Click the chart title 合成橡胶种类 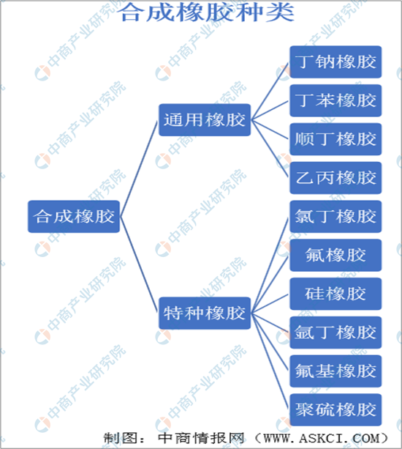pos(206,12)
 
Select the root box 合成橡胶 pos(74,217)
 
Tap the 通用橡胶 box pos(205,119)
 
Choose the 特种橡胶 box pos(205,313)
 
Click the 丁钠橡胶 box pos(335,62)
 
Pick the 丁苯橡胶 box pos(335,100)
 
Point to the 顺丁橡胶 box pos(335,139)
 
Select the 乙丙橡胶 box pos(335,178)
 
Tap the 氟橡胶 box pos(335,255)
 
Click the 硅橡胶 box pos(335,294)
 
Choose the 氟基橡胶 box pos(335,371)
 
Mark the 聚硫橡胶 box pos(335,409)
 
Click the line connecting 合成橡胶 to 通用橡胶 pos(139,168)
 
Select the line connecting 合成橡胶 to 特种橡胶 pos(139,264)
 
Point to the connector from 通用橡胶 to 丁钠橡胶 pos(270,91)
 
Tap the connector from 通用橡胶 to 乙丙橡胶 pos(270,149)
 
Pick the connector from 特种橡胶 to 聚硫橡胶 pos(270,361)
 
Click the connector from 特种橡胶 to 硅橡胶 pos(270,303)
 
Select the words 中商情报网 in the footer pos(201,438)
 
